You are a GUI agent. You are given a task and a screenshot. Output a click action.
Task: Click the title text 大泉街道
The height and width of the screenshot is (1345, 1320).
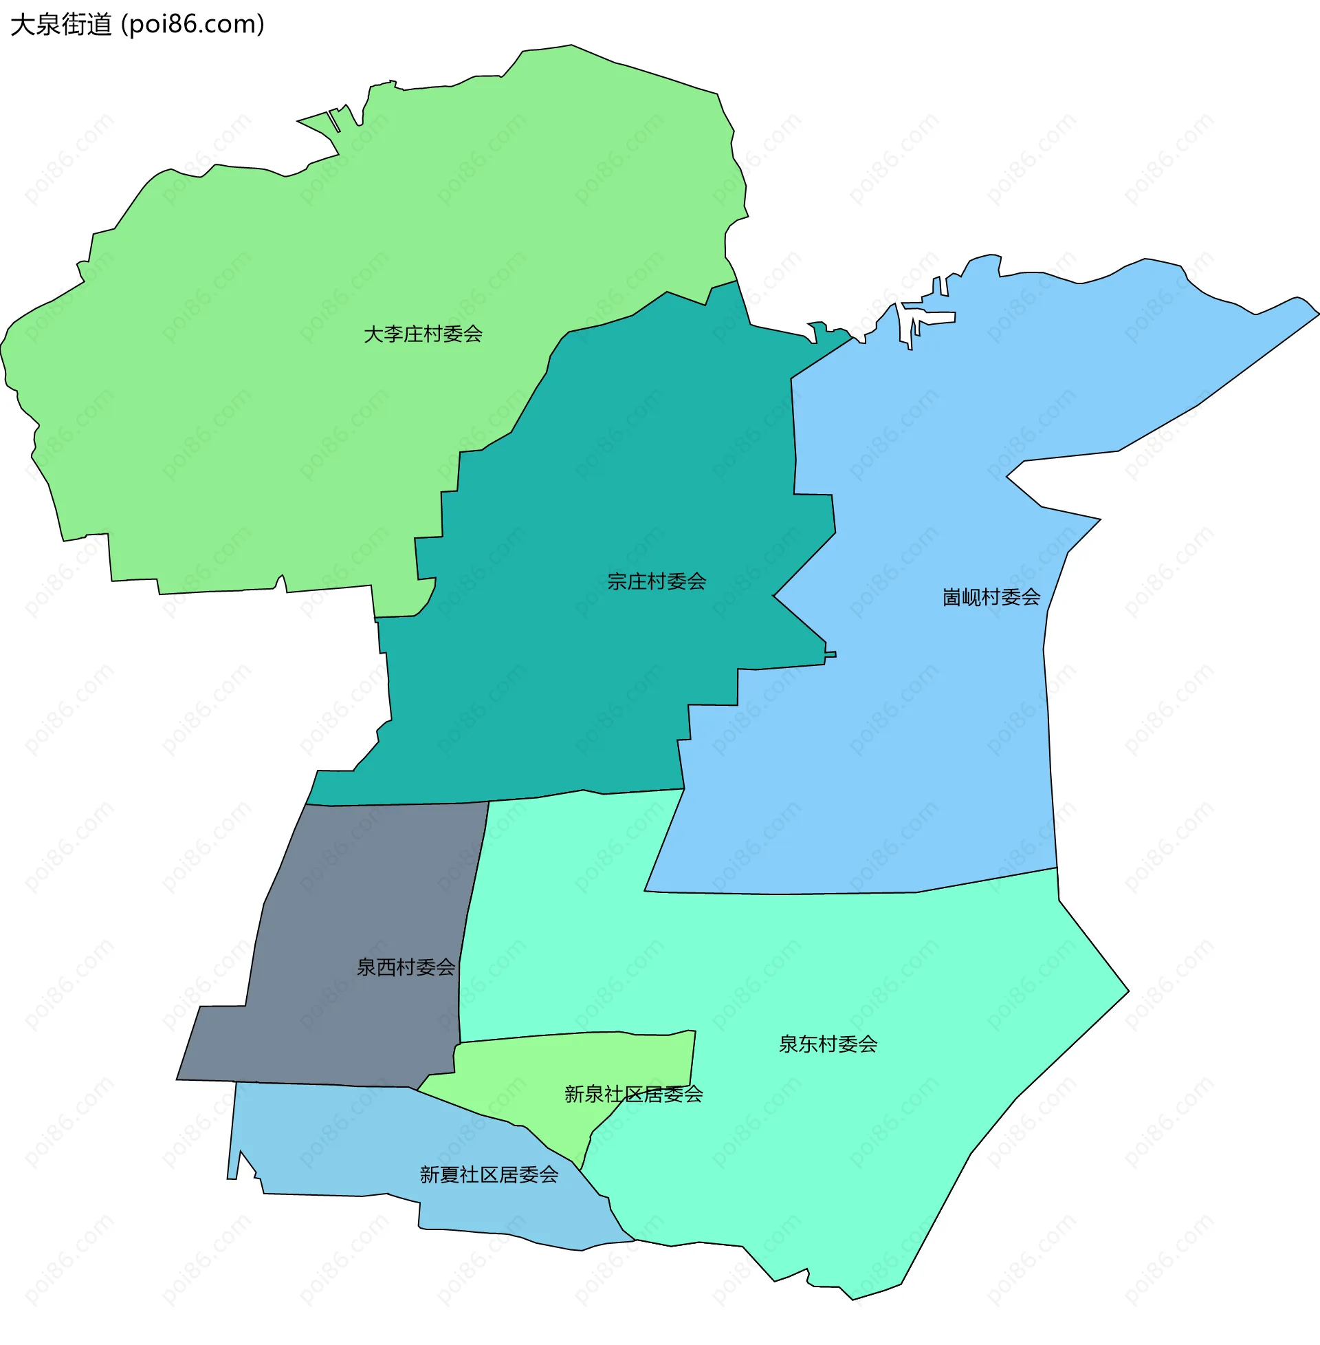tap(61, 25)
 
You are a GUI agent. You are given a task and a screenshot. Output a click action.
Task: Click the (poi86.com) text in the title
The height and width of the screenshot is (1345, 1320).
tap(192, 25)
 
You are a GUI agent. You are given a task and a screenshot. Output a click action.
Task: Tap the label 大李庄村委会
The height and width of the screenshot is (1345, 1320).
tap(423, 334)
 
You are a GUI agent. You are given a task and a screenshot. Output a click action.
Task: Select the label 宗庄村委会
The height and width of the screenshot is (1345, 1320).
tap(657, 581)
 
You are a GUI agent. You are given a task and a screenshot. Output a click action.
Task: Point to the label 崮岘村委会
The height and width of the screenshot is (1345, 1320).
tap(991, 597)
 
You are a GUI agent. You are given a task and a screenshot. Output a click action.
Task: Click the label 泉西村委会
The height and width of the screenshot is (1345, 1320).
tap(406, 967)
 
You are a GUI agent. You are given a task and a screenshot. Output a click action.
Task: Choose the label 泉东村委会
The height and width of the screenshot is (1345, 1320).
tap(828, 1044)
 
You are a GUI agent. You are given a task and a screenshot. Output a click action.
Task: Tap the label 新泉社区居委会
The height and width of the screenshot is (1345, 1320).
tap(634, 1094)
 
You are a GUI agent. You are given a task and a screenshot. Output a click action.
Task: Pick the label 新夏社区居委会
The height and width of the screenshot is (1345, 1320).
tap(489, 1174)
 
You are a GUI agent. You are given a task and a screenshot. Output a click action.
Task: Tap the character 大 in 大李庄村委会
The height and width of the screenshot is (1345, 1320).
tap(374, 334)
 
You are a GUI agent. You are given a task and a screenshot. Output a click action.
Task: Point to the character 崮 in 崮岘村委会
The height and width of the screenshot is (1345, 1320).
tap(952, 597)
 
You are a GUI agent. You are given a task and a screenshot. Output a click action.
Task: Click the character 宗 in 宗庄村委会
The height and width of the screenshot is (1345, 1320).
tap(617, 581)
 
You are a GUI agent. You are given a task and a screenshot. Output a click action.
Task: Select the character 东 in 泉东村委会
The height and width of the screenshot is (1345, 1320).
tap(808, 1044)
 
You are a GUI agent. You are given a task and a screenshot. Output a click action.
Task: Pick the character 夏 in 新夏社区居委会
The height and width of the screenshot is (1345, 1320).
tap(448, 1174)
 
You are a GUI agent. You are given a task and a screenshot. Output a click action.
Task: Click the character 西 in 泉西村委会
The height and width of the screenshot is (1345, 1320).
tap(386, 967)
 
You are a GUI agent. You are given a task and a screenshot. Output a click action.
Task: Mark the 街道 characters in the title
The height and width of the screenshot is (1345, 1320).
tap(87, 25)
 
